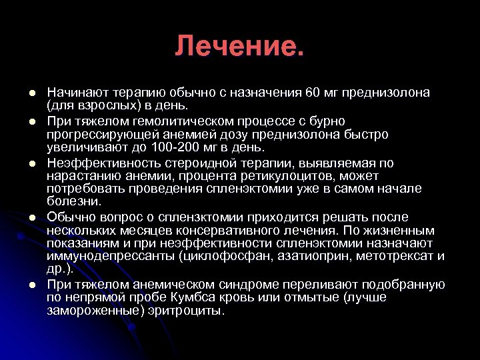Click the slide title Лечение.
239,46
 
